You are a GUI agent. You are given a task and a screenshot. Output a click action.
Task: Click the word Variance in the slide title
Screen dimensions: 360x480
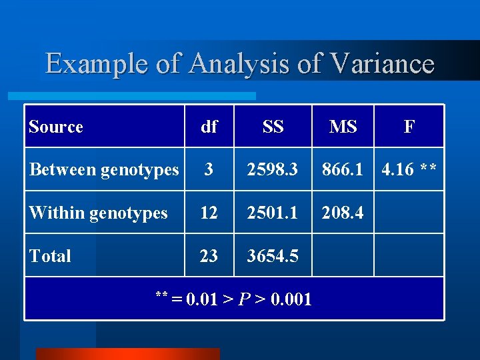383,64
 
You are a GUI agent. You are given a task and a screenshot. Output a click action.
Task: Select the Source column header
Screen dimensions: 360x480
56,127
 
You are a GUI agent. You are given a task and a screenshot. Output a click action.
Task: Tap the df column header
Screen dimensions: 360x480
209,127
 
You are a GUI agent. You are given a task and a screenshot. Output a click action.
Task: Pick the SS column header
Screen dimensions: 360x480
273,127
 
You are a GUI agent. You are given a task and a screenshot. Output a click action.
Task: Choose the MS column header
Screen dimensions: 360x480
343,127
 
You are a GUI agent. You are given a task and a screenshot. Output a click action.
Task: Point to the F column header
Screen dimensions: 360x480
409,127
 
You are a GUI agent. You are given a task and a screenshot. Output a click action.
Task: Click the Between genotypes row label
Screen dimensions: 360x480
104,170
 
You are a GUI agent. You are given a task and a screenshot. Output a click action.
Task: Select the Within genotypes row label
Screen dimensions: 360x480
98,213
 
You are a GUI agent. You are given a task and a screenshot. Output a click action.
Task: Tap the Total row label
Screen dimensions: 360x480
50,256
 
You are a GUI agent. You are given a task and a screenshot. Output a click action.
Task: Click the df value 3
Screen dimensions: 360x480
209,170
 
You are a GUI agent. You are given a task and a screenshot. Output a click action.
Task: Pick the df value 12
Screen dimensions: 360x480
209,213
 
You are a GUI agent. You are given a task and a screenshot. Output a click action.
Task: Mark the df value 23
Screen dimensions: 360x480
209,256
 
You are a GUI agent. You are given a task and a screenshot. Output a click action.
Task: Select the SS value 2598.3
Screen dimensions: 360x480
273,170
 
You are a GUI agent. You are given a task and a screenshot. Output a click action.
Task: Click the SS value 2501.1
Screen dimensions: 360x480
273,213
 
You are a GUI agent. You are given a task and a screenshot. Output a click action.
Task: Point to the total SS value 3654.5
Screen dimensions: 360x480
273,256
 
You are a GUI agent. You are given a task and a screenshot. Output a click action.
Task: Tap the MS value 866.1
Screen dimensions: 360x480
343,170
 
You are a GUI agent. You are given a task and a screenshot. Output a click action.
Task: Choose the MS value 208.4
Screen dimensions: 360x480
343,213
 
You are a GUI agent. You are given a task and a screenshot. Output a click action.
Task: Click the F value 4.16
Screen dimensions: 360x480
397,170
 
